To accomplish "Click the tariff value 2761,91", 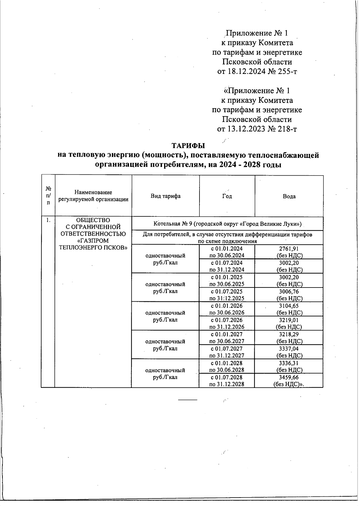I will tap(289, 248).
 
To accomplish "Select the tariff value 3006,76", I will tap(289, 291).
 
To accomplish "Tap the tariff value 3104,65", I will tap(289, 306).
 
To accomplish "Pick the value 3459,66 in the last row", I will tap(289, 377).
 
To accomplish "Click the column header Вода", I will tap(289, 196).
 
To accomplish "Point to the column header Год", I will tap(227, 196).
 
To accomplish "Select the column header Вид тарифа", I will tap(165, 196).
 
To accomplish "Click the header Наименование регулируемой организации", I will tap(93, 196).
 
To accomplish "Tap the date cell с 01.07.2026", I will tap(226, 320).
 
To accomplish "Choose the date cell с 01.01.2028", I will tap(226, 363).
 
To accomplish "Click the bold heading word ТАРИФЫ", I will tap(188, 146).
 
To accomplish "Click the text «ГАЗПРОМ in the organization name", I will tap(93, 241).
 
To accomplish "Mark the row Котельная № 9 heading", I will tap(227, 224).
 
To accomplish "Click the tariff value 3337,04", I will tap(289, 349).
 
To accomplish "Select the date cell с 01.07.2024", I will tap(226, 263).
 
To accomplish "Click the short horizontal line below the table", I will tap(188, 400).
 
